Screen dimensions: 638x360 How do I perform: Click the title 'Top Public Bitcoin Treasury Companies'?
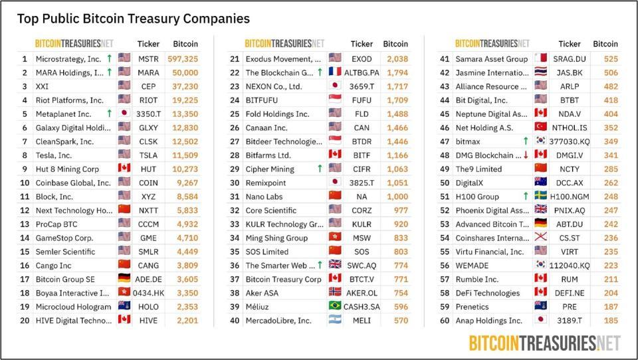point(134,19)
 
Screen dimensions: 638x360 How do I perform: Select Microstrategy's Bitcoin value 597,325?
point(183,59)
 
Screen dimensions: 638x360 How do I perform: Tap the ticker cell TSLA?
point(148,155)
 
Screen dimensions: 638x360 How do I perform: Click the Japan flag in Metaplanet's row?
point(124,113)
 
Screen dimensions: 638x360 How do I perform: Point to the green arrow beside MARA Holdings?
point(109,72)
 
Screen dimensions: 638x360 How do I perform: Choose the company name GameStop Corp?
point(64,238)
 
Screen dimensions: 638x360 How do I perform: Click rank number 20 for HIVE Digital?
point(25,321)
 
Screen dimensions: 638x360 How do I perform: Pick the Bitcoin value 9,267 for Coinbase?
point(187,183)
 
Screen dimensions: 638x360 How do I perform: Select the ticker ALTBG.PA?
point(362,73)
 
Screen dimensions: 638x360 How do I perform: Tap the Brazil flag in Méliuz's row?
point(335,306)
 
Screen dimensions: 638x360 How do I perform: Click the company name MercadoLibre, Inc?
point(278,321)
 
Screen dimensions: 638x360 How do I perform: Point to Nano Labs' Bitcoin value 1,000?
point(397,197)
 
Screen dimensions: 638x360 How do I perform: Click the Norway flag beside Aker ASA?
point(335,292)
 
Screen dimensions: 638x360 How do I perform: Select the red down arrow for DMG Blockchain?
point(526,155)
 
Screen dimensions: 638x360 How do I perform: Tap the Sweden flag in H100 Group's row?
point(541,196)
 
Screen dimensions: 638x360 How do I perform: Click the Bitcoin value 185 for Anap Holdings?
point(611,321)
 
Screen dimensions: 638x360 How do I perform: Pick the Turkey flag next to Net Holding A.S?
point(541,127)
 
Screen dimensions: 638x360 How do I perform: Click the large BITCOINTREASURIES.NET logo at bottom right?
point(545,343)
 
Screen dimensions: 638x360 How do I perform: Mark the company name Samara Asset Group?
point(492,59)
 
